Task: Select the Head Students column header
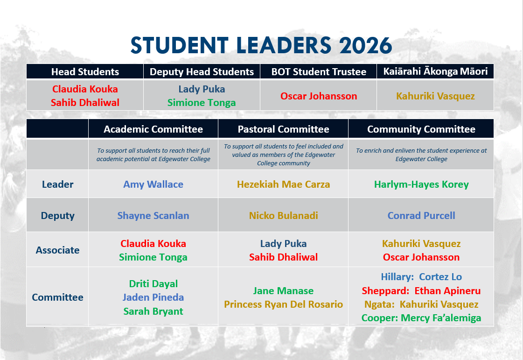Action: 85,72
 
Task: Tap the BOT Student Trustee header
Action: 319,72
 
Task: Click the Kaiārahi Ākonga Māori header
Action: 435,71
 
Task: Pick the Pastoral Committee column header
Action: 283,129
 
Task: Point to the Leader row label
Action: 57,184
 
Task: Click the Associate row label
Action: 57,250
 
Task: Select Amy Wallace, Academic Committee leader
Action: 153,184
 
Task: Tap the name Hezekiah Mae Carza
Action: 283,184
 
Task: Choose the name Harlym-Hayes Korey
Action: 421,184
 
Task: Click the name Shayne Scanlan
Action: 153,216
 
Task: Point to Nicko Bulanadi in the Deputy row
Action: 283,216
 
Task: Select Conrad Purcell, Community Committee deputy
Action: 421,216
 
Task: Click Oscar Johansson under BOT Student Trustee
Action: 319,96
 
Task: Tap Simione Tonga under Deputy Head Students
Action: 202,103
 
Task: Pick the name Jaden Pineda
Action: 153,297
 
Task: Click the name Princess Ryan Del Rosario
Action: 283,304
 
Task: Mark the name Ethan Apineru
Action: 447,291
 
